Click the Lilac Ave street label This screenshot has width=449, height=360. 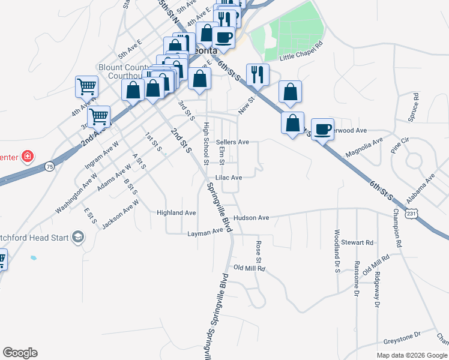pos(229,178)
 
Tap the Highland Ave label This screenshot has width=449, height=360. pos(176,212)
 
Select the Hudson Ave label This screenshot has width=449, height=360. pos(252,218)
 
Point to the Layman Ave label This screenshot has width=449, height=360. pos(205,232)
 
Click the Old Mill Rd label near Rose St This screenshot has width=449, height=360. pos(249,268)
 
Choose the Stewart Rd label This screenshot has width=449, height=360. pos(357,242)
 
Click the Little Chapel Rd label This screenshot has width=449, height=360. pos(302,50)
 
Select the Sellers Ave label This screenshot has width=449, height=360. pos(232,142)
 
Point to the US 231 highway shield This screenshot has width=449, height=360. pos(411,213)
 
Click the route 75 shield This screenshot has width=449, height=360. pos(49,166)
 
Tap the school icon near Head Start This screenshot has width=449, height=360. pos(77,237)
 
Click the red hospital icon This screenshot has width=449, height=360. pos(28,157)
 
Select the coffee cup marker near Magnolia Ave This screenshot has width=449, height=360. pos(323,128)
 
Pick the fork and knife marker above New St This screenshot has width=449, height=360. pos(258,74)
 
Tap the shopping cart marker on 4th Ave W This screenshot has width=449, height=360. pos(86,87)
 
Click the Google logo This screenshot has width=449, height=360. pos(20,353)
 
